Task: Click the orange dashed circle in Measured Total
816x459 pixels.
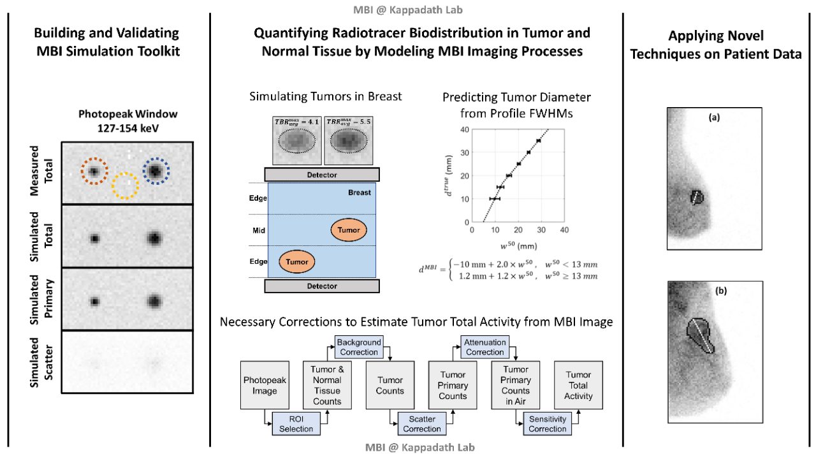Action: pyautogui.click(x=94, y=171)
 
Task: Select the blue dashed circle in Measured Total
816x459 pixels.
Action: pyautogui.click(x=156, y=171)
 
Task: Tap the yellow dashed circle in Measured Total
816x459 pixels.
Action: pyautogui.click(x=125, y=185)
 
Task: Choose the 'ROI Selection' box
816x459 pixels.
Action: pyautogui.click(x=296, y=423)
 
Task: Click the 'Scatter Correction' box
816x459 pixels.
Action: pyautogui.click(x=421, y=423)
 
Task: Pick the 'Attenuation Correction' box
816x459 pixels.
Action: pyautogui.click(x=484, y=347)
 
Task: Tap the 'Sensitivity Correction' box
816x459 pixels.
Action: pyautogui.click(x=547, y=423)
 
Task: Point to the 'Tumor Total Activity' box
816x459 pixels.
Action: pyautogui.click(x=578, y=385)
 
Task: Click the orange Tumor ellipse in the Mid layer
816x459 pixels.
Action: pyautogui.click(x=349, y=230)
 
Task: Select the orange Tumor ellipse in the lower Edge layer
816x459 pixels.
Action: pyautogui.click(x=297, y=261)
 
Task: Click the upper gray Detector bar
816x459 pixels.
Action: pyautogui.click(x=322, y=174)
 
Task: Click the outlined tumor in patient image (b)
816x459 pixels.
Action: pyautogui.click(x=701, y=335)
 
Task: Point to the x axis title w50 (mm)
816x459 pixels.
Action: pyautogui.click(x=517, y=245)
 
